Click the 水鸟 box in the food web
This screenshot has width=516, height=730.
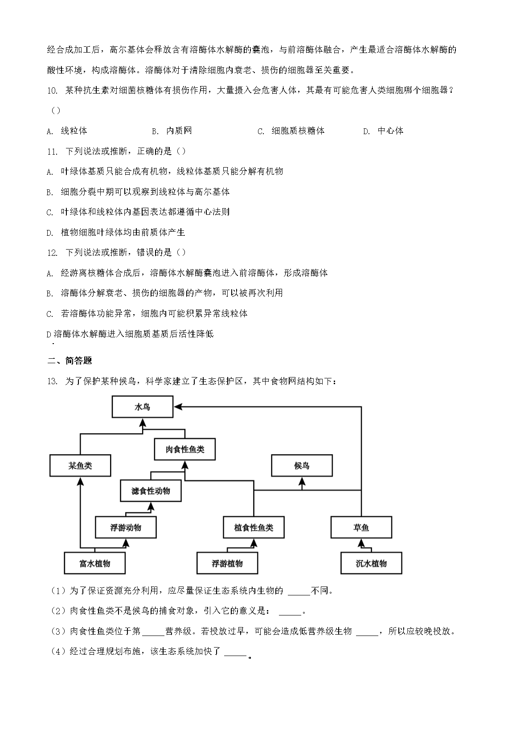(x=142, y=407)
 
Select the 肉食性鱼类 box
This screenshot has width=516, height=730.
(x=184, y=449)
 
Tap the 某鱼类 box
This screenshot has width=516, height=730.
(x=80, y=466)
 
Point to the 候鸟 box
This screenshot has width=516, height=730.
(x=302, y=466)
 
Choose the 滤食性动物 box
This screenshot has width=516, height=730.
(x=151, y=491)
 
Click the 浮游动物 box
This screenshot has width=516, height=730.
(x=126, y=527)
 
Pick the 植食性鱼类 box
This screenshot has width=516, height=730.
(x=254, y=527)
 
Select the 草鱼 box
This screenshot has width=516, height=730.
(x=361, y=527)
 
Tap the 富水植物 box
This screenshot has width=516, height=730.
(x=95, y=563)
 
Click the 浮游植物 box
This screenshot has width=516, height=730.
(x=227, y=563)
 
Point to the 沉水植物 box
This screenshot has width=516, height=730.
(x=371, y=563)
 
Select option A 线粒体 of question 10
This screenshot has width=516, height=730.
(x=74, y=131)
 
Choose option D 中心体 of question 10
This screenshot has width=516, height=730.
(x=390, y=131)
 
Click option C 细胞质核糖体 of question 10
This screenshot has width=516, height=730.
(x=298, y=131)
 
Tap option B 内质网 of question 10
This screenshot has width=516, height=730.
(x=179, y=131)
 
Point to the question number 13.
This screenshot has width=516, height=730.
(x=52, y=381)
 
